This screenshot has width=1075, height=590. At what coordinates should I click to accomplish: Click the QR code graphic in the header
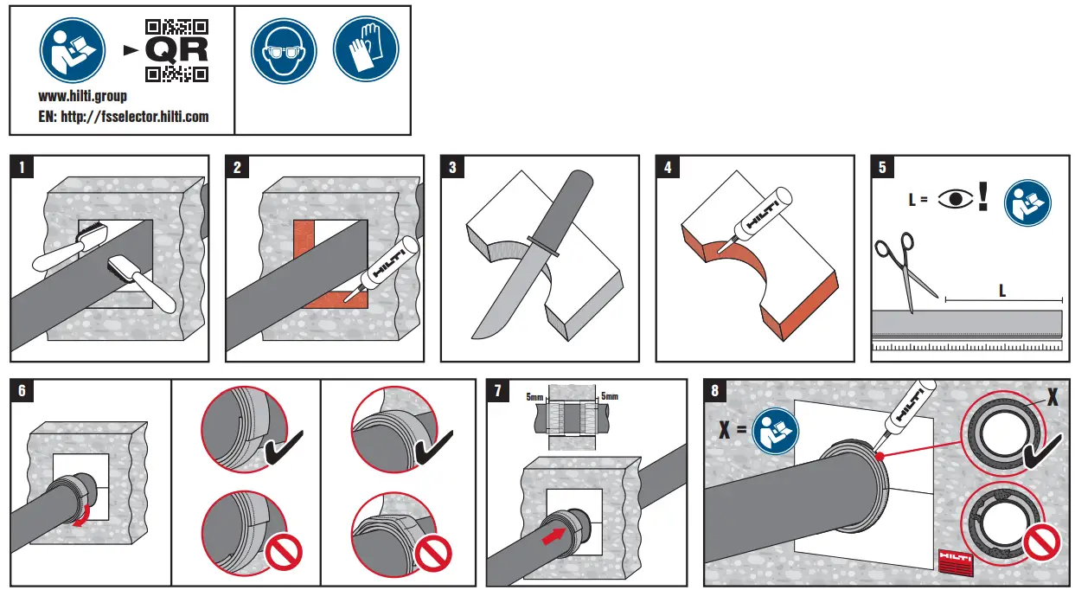[x=176, y=50]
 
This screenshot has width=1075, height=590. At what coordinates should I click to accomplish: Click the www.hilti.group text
[x=83, y=97]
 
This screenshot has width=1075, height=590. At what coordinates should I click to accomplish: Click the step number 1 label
[x=22, y=167]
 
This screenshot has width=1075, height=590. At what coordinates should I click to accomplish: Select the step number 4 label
[x=668, y=167]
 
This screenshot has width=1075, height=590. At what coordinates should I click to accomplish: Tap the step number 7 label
[x=497, y=390]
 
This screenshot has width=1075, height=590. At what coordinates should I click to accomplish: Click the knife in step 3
[x=528, y=251]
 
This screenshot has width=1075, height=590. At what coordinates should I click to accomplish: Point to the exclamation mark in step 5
[x=982, y=196]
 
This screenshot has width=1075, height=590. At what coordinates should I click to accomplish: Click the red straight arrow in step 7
[x=553, y=535]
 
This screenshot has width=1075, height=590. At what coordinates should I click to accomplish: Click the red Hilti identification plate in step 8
[x=956, y=561]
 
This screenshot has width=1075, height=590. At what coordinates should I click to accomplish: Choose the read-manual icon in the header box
[x=73, y=50]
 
